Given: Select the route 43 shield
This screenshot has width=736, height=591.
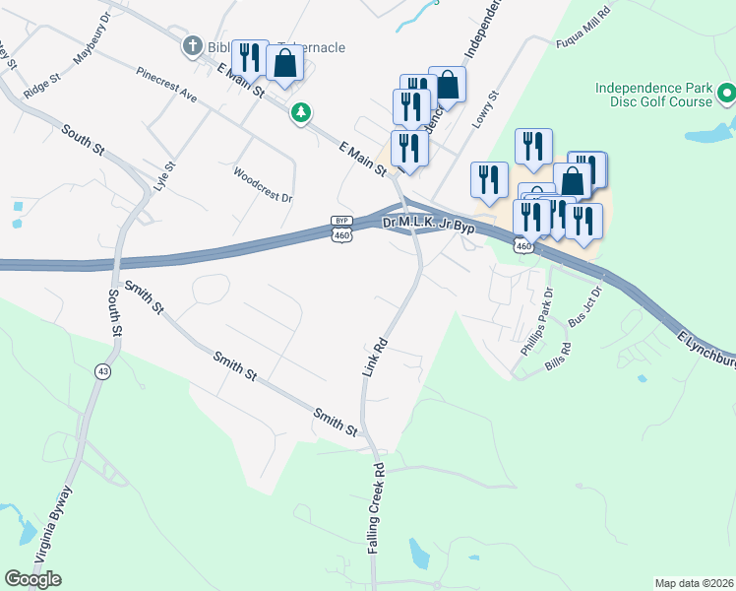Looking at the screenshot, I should click(x=102, y=371).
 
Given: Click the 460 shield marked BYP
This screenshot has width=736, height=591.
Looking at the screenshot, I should click(x=341, y=229).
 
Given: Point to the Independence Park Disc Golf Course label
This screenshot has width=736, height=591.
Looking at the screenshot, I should click(x=653, y=95).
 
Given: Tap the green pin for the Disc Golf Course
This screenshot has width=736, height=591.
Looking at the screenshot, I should click(x=727, y=95).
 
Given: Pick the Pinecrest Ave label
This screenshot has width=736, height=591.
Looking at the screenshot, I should click(x=167, y=85).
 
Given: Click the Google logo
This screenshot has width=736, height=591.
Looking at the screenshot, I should click(x=32, y=579).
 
